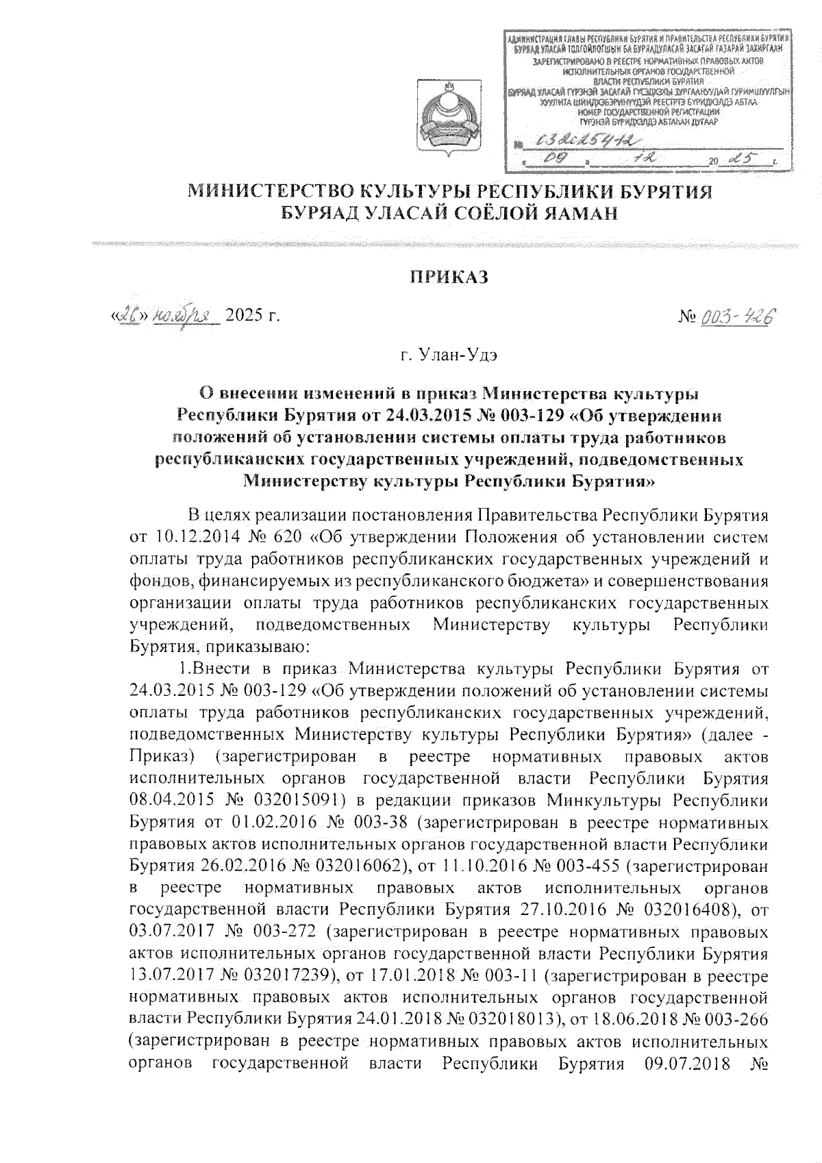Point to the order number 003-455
[x=588, y=866]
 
